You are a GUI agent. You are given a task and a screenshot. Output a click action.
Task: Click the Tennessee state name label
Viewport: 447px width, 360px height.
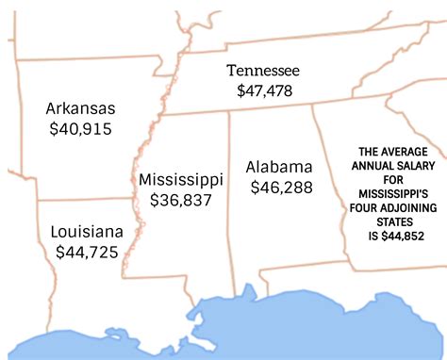263,72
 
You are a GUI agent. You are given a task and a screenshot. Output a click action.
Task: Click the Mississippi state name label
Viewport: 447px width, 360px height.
180,179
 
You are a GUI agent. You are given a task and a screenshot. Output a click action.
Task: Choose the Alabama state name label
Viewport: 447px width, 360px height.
280,167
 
